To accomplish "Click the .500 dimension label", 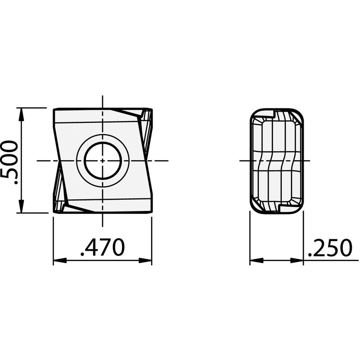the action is pyautogui.click(x=9, y=162).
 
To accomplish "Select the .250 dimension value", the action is pyautogui.click(x=330, y=248).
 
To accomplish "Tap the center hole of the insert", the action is pyautogui.click(x=103, y=161).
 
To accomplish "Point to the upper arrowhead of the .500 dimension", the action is pyautogui.click(x=21, y=114).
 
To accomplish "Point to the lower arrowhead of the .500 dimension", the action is pyautogui.click(x=21, y=206).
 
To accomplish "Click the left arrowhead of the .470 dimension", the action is pyautogui.click(x=60, y=261).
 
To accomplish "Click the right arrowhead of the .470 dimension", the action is pyautogui.click(x=145, y=261).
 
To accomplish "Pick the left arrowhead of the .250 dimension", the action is pyautogui.click(x=256, y=261).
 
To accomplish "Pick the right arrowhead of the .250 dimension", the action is pyautogui.click(x=297, y=261).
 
